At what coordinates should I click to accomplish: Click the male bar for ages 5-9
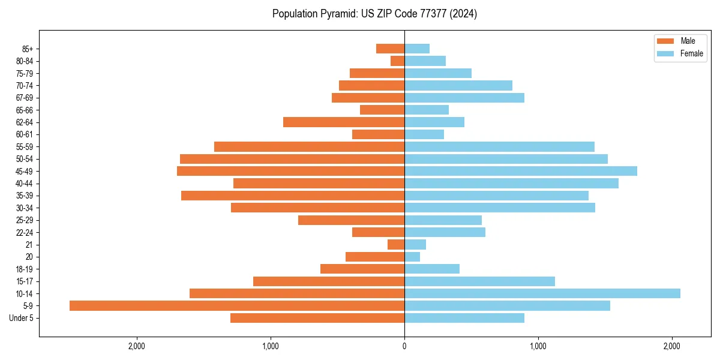pos(237,305)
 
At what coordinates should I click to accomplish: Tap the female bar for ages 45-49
pos(521,171)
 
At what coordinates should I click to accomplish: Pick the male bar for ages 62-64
pos(344,122)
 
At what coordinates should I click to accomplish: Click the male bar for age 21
pos(396,244)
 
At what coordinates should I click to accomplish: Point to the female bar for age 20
pos(412,257)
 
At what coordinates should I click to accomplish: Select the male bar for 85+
pos(390,49)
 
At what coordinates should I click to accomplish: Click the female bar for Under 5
pos(464,318)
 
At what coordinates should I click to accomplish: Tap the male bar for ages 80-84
pos(397,61)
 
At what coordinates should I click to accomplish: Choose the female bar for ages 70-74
pos(458,85)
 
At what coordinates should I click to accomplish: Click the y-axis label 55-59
pos(25,146)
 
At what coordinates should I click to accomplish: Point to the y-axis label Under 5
pos(21,318)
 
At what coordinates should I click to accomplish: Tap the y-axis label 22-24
pos(25,232)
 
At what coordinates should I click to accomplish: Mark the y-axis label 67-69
pos(25,98)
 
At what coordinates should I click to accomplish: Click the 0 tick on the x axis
pos(404,346)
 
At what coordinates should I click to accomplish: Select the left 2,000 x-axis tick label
pos(137,346)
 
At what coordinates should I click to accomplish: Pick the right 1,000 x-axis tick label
pos(538,346)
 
